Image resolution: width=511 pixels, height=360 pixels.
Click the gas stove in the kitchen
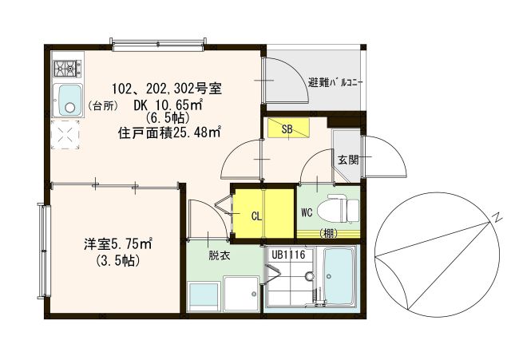click(x=67, y=69)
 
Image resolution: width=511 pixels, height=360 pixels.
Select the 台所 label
click(x=103, y=106)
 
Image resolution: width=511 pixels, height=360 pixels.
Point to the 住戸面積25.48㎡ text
click(x=170, y=133)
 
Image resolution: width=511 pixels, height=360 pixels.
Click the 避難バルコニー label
click(x=335, y=83)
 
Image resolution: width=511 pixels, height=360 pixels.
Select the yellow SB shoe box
click(x=288, y=128)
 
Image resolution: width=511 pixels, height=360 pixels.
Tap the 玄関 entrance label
click(x=348, y=160)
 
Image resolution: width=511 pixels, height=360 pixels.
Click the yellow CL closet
click(x=264, y=213)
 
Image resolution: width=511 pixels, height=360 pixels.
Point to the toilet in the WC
click(x=338, y=210)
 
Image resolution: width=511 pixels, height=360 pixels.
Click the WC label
click(x=307, y=213)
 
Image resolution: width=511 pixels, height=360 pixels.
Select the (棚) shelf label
click(x=328, y=233)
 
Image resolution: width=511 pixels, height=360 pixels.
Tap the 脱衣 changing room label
click(x=220, y=255)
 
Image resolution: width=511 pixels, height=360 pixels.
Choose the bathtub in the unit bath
click(x=339, y=277)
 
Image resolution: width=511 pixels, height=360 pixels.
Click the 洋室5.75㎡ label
click(x=118, y=244)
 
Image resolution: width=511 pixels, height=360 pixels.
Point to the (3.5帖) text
click(x=118, y=260)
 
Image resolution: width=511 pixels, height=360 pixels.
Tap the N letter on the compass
click(x=497, y=219)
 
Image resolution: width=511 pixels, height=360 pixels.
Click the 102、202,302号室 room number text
click(x=167, y=89)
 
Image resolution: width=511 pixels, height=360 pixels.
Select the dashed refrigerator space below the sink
click(x=65, y=134)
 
